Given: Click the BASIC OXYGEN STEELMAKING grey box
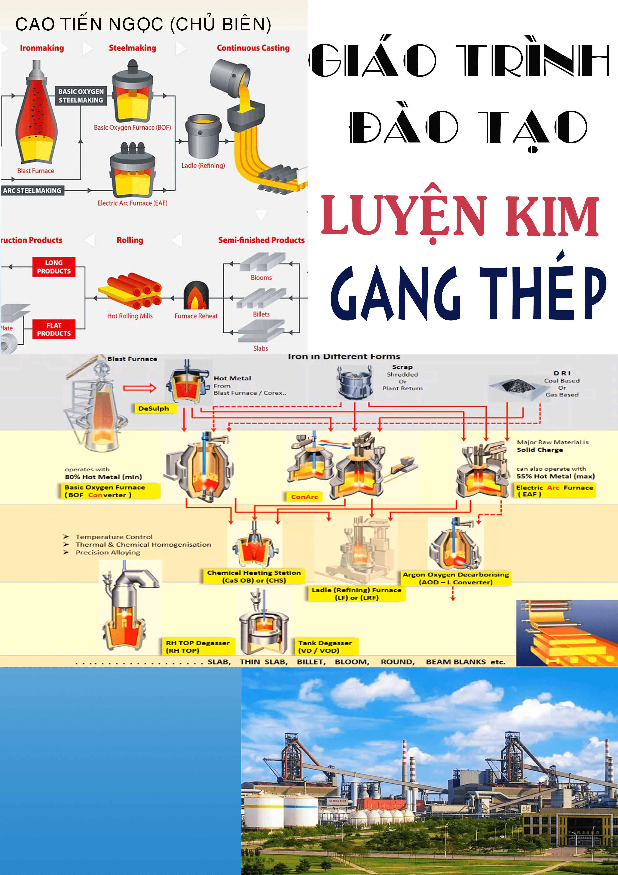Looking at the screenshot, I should pos(81,96).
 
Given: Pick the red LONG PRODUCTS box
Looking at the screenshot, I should pos(54,267).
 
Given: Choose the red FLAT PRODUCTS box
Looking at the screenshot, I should pos(54,329).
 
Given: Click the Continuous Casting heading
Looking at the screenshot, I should pos(253,48).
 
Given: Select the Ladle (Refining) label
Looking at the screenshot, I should pos(203,165).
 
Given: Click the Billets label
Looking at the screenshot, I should pos(261,314).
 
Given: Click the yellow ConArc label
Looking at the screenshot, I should pos(304,497).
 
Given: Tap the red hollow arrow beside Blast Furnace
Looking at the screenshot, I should pos(139,388).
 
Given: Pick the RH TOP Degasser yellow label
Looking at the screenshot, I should pos(198,646).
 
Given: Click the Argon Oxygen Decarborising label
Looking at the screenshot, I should pos(456,578).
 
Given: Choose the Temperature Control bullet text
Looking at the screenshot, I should pos(114,537).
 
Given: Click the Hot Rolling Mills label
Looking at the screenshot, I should pos(130,316).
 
